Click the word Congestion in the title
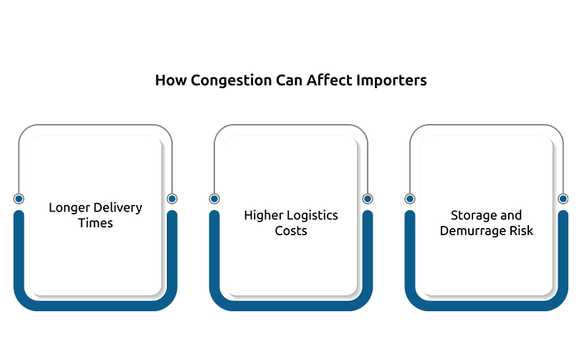[231, 81]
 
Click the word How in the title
[171, 80]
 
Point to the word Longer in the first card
[70, 208]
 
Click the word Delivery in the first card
[118, 208]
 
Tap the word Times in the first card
[95, 223]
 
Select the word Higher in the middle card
[264, 216]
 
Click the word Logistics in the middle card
[313, 216]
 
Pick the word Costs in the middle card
[291, 231]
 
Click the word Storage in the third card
[469, 216]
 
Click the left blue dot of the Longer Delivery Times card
[19, 199]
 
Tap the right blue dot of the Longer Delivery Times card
[172, 199]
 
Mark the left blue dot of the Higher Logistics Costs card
[214, 199]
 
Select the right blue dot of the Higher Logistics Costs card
[368, 199]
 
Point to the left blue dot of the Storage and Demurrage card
[410, 199]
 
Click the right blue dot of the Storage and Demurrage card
[563, 199]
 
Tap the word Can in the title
[289, 80]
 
